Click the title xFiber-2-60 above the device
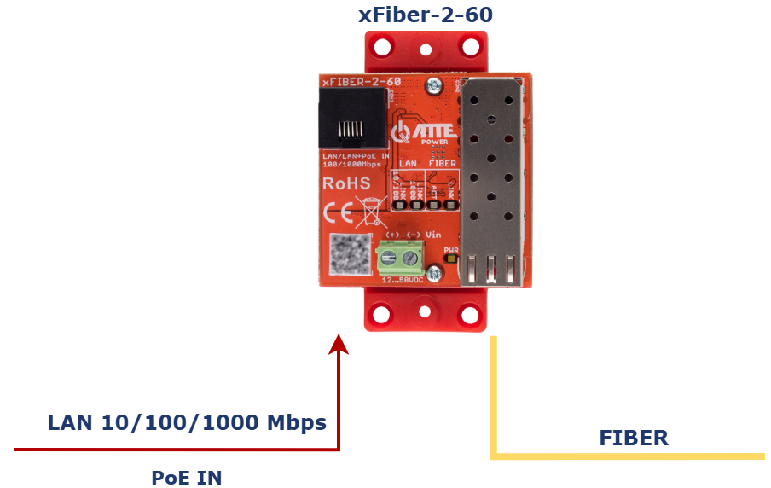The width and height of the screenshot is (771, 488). tap(426, 15)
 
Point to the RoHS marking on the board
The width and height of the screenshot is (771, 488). tap(345, 183)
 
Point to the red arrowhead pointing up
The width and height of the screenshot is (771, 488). tap(339, 343)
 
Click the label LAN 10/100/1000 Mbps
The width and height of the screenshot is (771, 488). tap(187, 422)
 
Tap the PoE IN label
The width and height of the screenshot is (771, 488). tap(187, 477)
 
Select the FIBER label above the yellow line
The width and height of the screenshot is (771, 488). tap(634, 439)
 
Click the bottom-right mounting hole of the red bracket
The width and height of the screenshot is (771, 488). tap(469, 315)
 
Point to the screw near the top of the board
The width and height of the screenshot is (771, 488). tap(434, 85)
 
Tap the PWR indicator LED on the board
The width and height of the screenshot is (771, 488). tap(451, 260)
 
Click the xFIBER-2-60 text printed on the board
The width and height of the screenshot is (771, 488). tap(361, 82)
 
